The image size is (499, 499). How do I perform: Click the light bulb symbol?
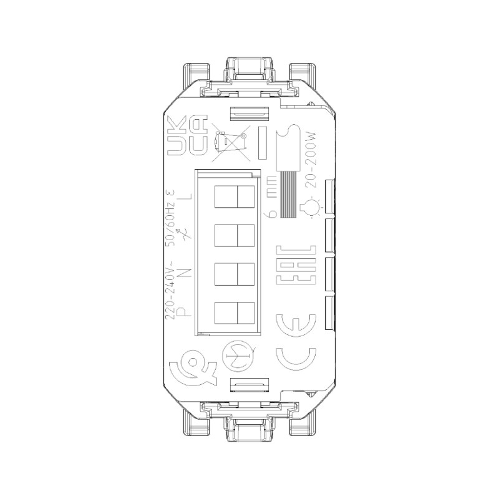[x=310, y=209]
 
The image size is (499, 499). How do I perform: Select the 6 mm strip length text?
[x=269, y=197]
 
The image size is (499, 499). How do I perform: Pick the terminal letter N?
[x=185, y=273]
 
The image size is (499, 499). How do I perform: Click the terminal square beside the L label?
[x=235, y=197]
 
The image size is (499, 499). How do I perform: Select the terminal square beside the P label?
[x=235, y=312]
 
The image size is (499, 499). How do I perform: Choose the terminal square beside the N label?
[x=235, y=274]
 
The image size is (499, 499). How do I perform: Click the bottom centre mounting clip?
[x=249, y=429]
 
